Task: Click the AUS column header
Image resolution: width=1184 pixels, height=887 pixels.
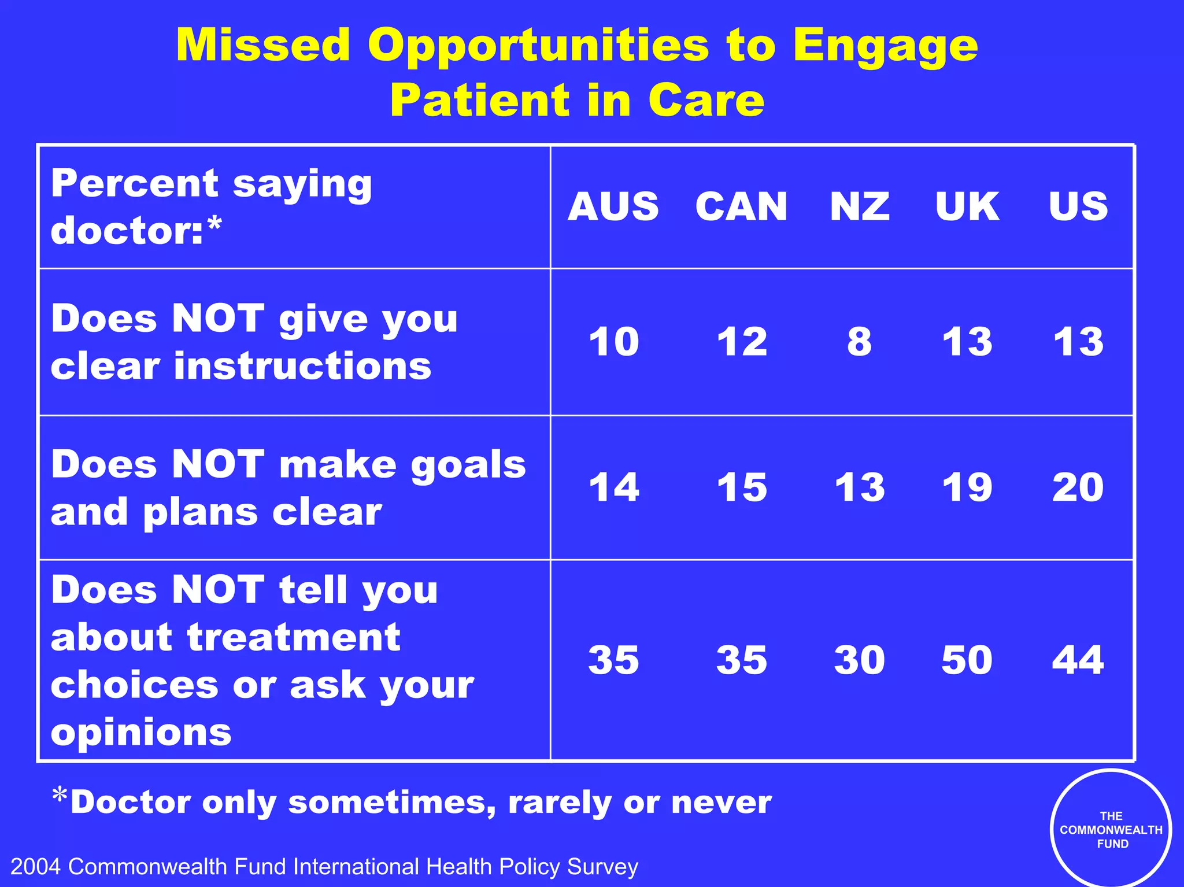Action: pyautogui.click(x=613, y=206)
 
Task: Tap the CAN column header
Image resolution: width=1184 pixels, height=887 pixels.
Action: pyautogui.click(x=742, y=206)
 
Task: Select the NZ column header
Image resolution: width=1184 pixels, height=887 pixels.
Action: pyautogui.click(x=860, y=206)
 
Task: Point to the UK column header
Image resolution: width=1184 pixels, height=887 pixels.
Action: pyautogui.click(x=967, y=206)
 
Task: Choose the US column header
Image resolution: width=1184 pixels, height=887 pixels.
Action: pyautogui.click(x=1078, y=206)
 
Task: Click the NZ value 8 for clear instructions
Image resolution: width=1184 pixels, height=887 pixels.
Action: pyautogui.click(x=860, y=342)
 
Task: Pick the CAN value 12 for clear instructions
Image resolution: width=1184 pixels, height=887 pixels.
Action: pyautogui.click(x=742, y=342)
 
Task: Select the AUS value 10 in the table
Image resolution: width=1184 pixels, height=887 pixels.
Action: pyautogui.click(x=614, y=342)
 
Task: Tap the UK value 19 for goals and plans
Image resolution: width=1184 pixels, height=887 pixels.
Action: pyautogui.click(x=967, y=487)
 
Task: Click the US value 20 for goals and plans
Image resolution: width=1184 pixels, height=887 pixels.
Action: pyautogui.click(x=1078, y=487)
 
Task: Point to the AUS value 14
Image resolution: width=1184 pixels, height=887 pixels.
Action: pyautogui.click(x=614, y=487)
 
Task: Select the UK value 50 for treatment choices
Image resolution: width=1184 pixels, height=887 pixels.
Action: pyautogui.click(x=967, y=660)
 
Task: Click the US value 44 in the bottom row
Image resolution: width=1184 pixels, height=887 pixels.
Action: pyautogui.click(x=1078, y=660)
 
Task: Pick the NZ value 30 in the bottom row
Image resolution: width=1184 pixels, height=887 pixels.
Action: pyautogui.click(x=860, y=660)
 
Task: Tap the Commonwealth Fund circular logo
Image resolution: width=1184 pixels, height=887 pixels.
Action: pyautogui.click(x=1111, y=830)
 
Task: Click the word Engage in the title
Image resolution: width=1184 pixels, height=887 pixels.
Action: pyautogui.click(x=886, y=46)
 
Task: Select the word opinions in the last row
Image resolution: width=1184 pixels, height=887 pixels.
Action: pyautogui.click(x=141, y=733)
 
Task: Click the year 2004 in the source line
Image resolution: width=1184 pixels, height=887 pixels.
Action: pyautogui.click(x=36, y=867)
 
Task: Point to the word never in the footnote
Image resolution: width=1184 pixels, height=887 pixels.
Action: pyautogui.click(x=721, y=803)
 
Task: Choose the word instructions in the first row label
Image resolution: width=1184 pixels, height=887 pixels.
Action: pyautogui.click(x=303, y=367)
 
